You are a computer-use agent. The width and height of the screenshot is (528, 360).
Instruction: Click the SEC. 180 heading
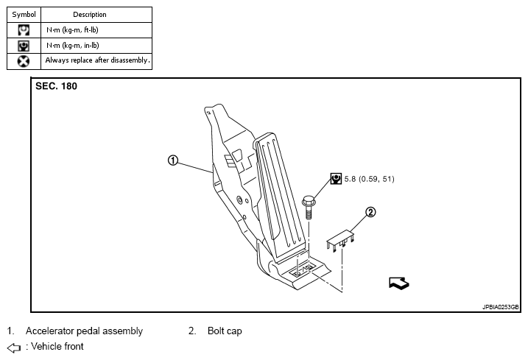coord(56,86)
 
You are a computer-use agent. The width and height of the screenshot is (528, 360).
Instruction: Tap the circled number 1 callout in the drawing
coord(173,160)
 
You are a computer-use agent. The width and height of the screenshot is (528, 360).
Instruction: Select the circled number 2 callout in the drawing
coord(370,213)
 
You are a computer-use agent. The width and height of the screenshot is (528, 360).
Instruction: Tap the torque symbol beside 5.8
coord(336,178)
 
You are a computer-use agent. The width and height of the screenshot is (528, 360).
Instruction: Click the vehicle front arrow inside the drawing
coord(398,283)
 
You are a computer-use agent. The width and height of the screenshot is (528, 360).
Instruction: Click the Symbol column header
coord(24,14)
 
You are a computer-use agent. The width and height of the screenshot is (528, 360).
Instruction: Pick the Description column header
coord(90,14)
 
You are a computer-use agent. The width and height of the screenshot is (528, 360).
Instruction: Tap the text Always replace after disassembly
coord(97,60)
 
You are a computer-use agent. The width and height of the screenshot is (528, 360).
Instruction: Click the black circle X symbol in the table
coord(24,61)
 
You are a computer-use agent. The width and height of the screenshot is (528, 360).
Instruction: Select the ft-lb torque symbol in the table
coord(24,30)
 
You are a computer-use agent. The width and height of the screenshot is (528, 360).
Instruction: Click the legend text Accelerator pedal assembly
coord(84,331)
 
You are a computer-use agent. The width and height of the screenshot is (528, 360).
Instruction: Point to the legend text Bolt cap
coord(225,331)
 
